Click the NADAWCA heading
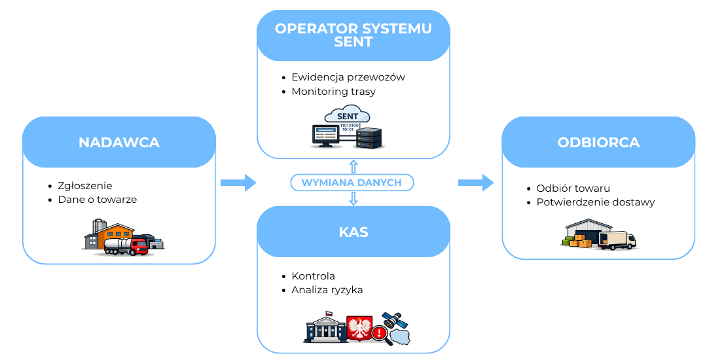pyautogui.click(x=118, y=143)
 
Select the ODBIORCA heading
pyautogui.click(x=598, y=143)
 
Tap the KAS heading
pyautogui.click(x=353, y=232)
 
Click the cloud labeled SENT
pyautogui.click(x=347, y=116)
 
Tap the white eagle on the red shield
pyautogui.click(x=358, y=327)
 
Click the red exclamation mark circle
pyautogui.click(x=378, y=333)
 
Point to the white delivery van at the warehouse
pyautogui.click(x=617, y=240)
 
